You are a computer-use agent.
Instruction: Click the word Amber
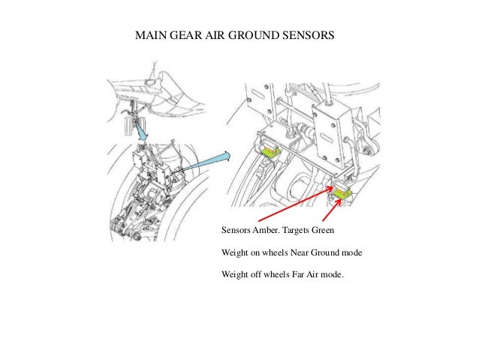[269, 230]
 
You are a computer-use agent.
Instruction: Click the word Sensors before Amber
[236, 230]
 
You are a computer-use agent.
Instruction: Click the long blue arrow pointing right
[206, 161]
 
